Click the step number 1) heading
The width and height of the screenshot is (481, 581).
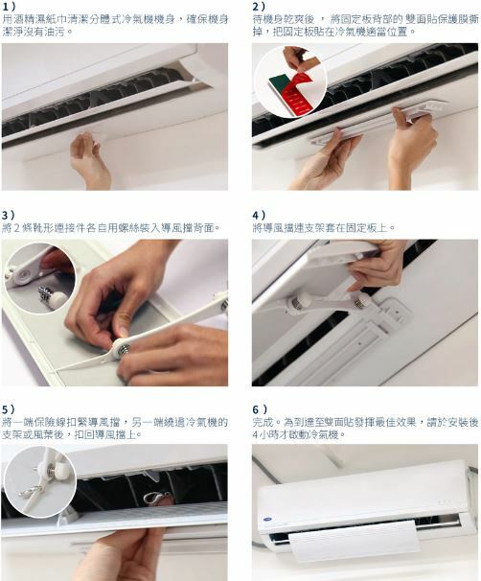9,7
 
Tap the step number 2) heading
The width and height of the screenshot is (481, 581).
259,7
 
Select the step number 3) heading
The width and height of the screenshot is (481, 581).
9,216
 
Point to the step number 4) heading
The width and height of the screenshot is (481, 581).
260,216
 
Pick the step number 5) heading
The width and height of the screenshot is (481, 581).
9,409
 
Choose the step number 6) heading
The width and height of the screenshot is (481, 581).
260,409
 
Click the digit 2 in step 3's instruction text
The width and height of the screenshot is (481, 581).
16,228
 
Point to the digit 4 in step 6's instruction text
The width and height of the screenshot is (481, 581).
256,434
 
